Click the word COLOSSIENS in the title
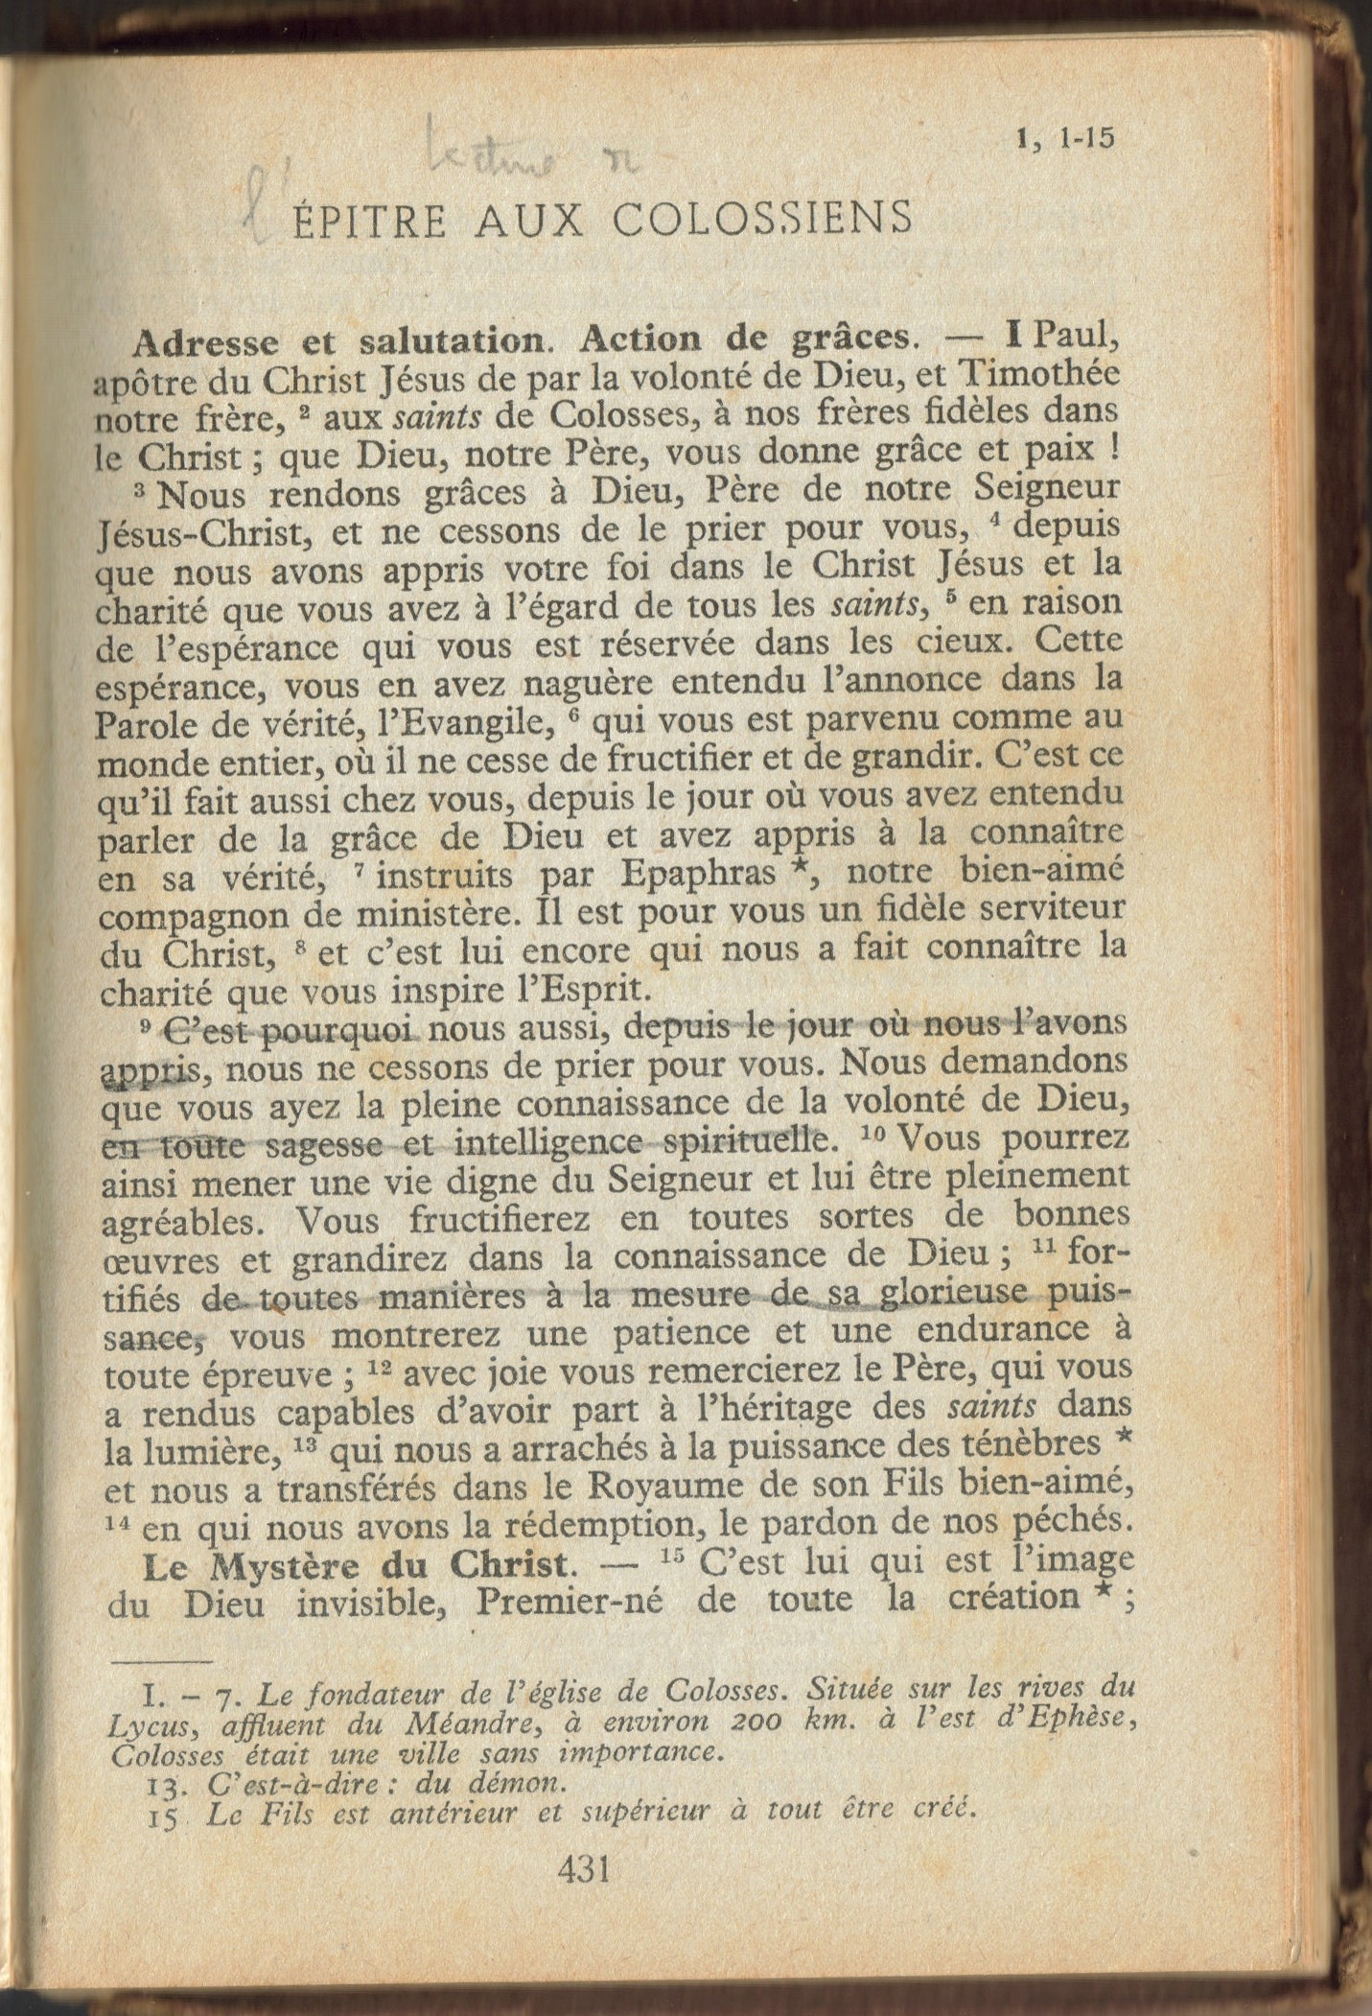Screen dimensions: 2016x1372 tap(763, 220)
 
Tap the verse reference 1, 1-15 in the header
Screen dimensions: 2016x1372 tap(1066, 139)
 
